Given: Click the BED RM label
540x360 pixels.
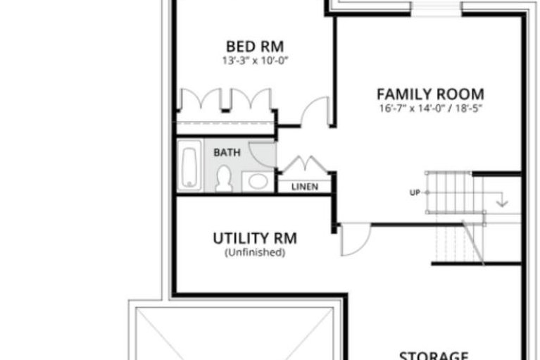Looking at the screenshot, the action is (255, 46).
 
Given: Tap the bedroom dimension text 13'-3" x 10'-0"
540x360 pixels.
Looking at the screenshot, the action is (255, 61).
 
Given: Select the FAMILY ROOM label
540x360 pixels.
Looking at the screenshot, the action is (430, 94).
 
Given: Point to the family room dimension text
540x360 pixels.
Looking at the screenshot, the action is (430, 108).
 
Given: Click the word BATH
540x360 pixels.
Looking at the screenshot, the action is (227, 153).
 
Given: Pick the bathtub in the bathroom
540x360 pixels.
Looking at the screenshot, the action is (189, 166).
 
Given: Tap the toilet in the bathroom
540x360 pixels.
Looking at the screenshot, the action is (223, 179).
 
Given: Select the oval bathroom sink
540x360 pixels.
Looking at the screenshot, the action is (258, 181).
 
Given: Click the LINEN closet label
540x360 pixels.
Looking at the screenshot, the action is (305, 187).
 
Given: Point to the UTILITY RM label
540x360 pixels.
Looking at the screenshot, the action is (255, 238).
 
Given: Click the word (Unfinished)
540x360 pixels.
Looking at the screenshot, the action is (255, 252).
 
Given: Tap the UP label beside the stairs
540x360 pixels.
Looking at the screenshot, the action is (415, 192).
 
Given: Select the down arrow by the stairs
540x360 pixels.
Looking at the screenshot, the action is (502, 200).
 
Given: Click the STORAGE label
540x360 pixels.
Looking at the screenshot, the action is (434, 355).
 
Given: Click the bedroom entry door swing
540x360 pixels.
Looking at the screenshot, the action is (309, 104).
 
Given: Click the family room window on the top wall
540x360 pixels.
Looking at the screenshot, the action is (436, 8).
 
